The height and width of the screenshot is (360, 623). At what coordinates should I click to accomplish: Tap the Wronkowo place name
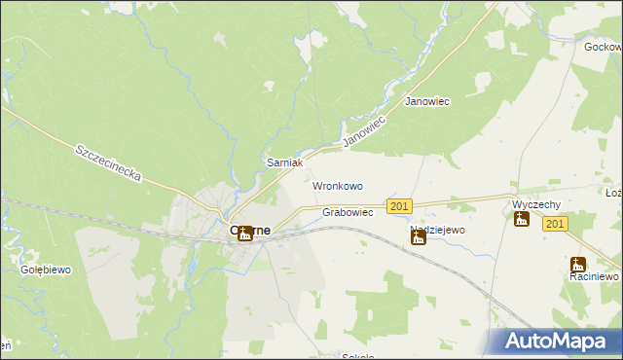pos(338,185)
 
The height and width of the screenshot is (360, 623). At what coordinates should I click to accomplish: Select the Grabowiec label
pos(348,212)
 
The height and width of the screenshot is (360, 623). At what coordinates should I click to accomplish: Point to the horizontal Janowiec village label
pos(426,102)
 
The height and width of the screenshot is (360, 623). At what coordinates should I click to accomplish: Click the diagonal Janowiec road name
pos(365,129)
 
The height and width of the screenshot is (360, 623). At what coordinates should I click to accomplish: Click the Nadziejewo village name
pos(437,231)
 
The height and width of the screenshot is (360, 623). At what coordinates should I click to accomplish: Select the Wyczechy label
pos(534,204)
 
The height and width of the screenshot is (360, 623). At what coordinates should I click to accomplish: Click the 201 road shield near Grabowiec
pos(399,206)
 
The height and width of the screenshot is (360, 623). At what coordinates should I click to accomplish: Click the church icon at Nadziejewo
pos(419,236)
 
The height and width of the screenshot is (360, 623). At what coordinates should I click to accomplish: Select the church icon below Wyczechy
pos(522,219)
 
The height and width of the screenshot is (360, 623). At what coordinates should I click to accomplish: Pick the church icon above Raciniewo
pos(577,264)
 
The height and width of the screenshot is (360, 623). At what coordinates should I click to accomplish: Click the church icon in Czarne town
pos(245,233)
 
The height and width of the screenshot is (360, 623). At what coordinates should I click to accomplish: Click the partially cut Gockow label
pos(604,47)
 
